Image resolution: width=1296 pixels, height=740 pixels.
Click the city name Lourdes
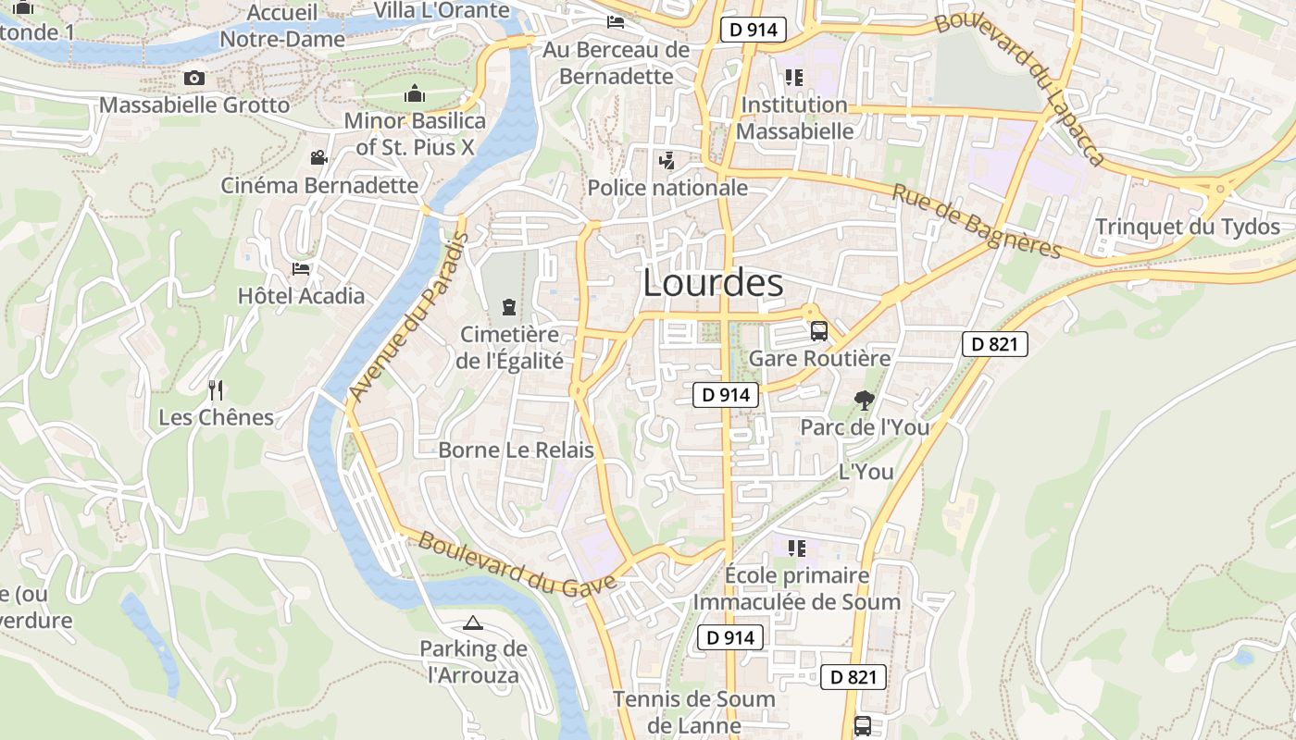(x=713, y=283)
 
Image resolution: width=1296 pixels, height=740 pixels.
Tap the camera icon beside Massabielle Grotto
(x=194, y=78)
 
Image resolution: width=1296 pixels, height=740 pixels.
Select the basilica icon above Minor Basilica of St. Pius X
(x=414, y=94)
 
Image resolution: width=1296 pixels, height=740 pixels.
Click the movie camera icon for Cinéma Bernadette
(x=318, y=157)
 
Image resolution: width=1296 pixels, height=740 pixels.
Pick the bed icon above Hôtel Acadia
(x=301, y=269)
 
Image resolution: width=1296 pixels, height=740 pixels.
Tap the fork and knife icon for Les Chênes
(x=216, y=389)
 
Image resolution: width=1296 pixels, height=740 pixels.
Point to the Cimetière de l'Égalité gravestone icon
(x=508, y=305)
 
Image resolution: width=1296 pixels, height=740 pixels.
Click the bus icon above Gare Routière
(x=818, y=330)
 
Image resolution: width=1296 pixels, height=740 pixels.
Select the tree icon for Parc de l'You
(x=864, y=400)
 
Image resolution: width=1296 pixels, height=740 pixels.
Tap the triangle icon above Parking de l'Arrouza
(x=473, y=622)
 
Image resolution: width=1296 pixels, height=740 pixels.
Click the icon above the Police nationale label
(x=666, y=161)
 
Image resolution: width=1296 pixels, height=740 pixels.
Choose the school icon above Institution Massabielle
(x=793, y=77)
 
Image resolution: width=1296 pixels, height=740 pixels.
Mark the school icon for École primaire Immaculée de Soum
(x=796, y=548)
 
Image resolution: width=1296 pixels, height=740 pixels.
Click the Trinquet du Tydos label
(x=1188, y=227)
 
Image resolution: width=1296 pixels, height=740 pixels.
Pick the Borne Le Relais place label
(x=516, y=450)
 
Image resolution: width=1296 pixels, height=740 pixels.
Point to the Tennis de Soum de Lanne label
(x=693, y=711)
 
